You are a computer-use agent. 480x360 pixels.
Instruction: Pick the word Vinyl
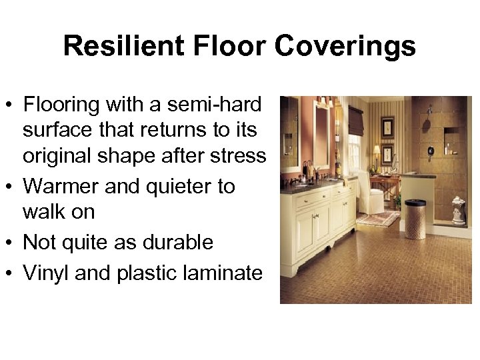[x=47, y=272]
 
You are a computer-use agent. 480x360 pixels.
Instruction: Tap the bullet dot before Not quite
[x=10, y=243]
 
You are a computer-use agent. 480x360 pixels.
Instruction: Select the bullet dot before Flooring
[x=10, y=105]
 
